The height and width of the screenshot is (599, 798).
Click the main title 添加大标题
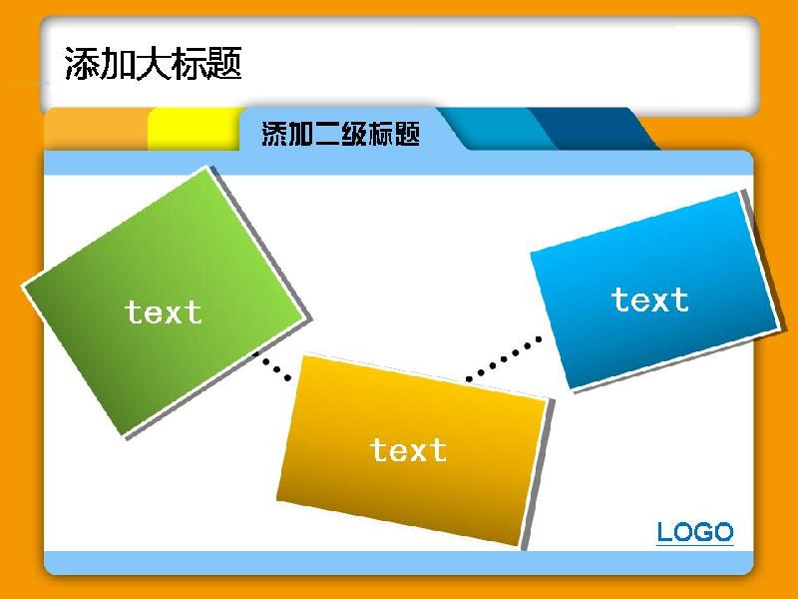pyautogui.click(x=154, y=64)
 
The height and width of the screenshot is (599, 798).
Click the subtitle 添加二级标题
pyautogui.click(x=340, y=134)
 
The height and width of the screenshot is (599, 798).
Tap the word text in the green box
pyautogui.click(x=163, y=312)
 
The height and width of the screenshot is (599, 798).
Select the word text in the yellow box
pyautogui.click(x=409, y=450)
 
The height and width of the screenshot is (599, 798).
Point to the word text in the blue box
pyautogui.click(x=650, y=299)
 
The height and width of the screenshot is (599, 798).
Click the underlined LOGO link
pyautogui.click(x=695, y=533)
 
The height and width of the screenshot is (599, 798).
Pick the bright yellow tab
pyautogui.click(x=194, y=130)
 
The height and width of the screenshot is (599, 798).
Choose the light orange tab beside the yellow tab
pyautogui.click(x=96, y=130)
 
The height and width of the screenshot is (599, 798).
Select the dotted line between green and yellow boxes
pyautogui.click(x=272, y=365)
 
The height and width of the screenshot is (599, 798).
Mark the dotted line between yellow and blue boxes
pyautogui.click(x=504, y=358)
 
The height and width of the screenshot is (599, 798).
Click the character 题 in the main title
pyautogui.click(x=223, y=64)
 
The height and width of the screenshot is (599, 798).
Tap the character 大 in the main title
pyautogui.click(x=154, y=64)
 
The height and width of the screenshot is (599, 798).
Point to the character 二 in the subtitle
pyautogui.click(x=328, y=134)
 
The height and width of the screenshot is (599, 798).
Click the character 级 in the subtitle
pyautogui.click(x=354, y=134)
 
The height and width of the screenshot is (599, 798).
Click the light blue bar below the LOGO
pyautogui.click(x=398, y=562)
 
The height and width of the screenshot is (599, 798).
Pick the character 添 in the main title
pyautogui.click(x=83, y=64)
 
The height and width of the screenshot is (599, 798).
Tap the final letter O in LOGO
pyautogui.click(x=723, y=532)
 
